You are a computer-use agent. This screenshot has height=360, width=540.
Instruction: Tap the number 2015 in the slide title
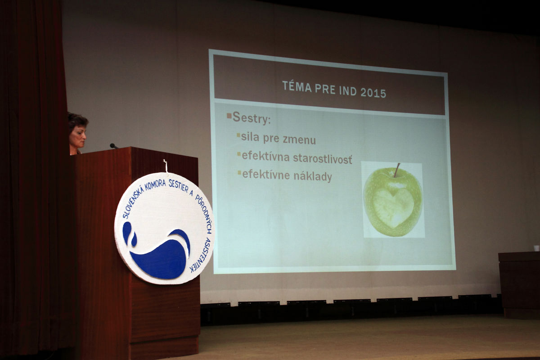point(373,93)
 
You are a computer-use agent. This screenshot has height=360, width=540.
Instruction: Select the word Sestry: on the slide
point(252,118)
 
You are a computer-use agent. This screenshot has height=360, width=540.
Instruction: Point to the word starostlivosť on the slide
point(323,159)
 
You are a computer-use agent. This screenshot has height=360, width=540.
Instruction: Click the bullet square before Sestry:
point(229,116)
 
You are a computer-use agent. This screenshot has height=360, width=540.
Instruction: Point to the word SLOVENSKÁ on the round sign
point(133,201)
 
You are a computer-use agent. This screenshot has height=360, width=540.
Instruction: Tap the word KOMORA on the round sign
point(155,185)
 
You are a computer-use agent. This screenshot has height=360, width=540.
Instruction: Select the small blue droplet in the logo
point(134,239)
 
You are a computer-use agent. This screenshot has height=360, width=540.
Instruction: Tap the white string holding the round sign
point(166,166)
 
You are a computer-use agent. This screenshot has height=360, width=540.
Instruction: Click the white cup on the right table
point(536,248)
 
